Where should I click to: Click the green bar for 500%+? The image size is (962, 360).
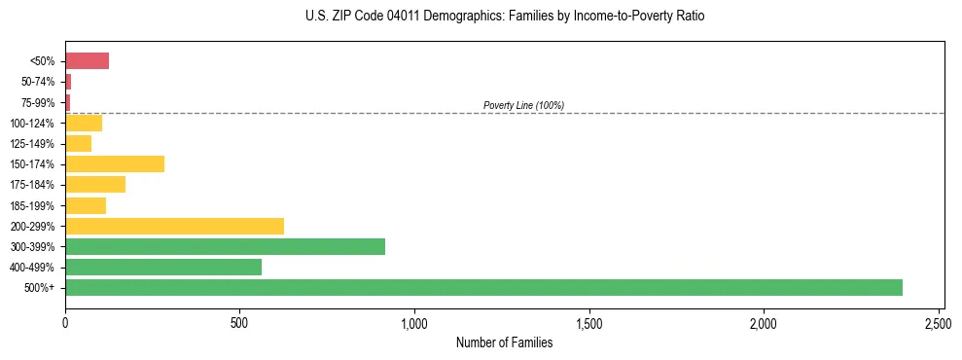483,287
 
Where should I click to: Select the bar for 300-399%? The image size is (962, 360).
225,246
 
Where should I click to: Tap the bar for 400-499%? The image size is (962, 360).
163,267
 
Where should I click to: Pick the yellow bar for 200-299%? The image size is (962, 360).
174,226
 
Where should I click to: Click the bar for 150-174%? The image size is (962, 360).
115,163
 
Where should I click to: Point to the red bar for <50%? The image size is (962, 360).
87,61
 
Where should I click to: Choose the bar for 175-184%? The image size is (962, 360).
95,185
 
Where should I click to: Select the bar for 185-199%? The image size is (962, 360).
86,205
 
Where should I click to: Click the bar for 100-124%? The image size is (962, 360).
84,123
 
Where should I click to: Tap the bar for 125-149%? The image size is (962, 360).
78,143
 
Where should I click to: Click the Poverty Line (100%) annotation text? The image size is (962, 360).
523,105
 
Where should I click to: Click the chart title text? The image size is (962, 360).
504,17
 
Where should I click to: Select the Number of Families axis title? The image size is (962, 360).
504,342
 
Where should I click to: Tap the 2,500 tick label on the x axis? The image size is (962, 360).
939,320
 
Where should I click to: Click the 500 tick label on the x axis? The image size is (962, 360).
239,320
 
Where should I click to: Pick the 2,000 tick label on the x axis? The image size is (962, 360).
764,320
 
